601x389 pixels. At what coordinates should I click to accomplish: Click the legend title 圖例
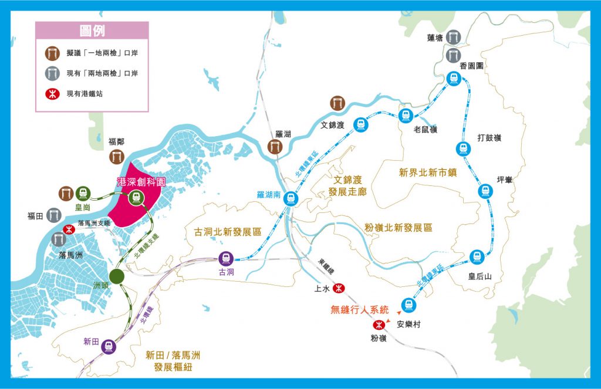(x=92, y=31)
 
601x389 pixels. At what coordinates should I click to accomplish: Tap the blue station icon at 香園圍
(x=453, y=78)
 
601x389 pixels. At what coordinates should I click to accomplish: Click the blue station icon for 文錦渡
(x=360, y=124)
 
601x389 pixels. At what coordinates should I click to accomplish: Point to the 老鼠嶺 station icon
(x=405, y=115)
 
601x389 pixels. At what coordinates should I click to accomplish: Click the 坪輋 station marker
(x=485, y=191)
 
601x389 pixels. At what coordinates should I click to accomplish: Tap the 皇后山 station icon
(x=476, y=256)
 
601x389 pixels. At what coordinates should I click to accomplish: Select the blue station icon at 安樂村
(x=408, y=305)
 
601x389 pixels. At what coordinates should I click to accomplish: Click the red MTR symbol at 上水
(x=339, y=288)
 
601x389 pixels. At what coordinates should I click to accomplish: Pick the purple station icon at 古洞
(x=225, y=258)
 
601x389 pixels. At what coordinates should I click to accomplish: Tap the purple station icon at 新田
(x=108, y=346)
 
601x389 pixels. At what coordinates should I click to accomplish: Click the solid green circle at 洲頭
(x=117, y=277)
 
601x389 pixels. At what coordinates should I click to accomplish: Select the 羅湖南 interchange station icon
(x=289, y=199)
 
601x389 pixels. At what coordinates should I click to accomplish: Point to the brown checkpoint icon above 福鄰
(x=116, y=156)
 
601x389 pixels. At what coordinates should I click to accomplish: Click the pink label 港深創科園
(x=141, y=182)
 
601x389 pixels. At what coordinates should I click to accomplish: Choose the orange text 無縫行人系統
(x=360, y=309)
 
